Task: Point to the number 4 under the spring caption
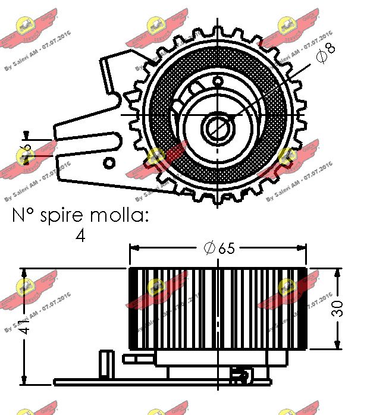pos(80,235)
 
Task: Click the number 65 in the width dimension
pos(226,249)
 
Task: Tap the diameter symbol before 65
pos(209,249)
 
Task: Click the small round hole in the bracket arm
pos(109,162)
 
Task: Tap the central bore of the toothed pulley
pos(215,127)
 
